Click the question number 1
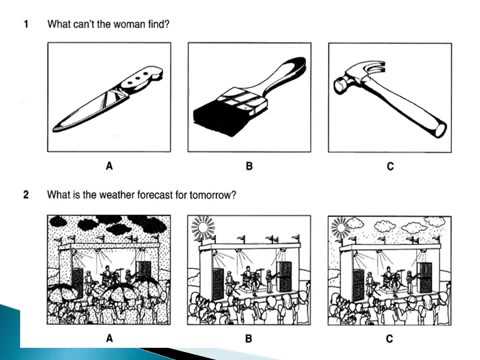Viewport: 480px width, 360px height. pyautogui.click(x=26, y=24)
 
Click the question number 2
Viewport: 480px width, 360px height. pyautogui.click(x=26, y=194)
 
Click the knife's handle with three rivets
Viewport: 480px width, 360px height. pyautogui.click(x=140, y=80)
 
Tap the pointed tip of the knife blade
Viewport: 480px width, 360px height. pyautogui.click(x=54, y=130)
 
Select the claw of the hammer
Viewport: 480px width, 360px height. pyautogui.click(x=373, y=68)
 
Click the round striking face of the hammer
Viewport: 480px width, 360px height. pyautogui.click(x=339, y=86)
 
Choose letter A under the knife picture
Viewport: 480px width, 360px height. pyautogui.click(x=109, y=166)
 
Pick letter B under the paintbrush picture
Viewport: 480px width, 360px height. pyautogui.click(x=249, y=166)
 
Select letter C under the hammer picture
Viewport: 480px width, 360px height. pyautogui.click(x=390, y=166)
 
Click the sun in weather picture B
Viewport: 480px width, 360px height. pyautogui.click(x=203, y=227)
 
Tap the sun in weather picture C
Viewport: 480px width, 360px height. pyautogui.click(x=341, y=228)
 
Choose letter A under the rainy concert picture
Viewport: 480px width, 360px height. pyautogui.click(x=109, y=339)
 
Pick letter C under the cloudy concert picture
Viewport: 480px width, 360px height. pyautogui.click(x=389, y=339)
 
